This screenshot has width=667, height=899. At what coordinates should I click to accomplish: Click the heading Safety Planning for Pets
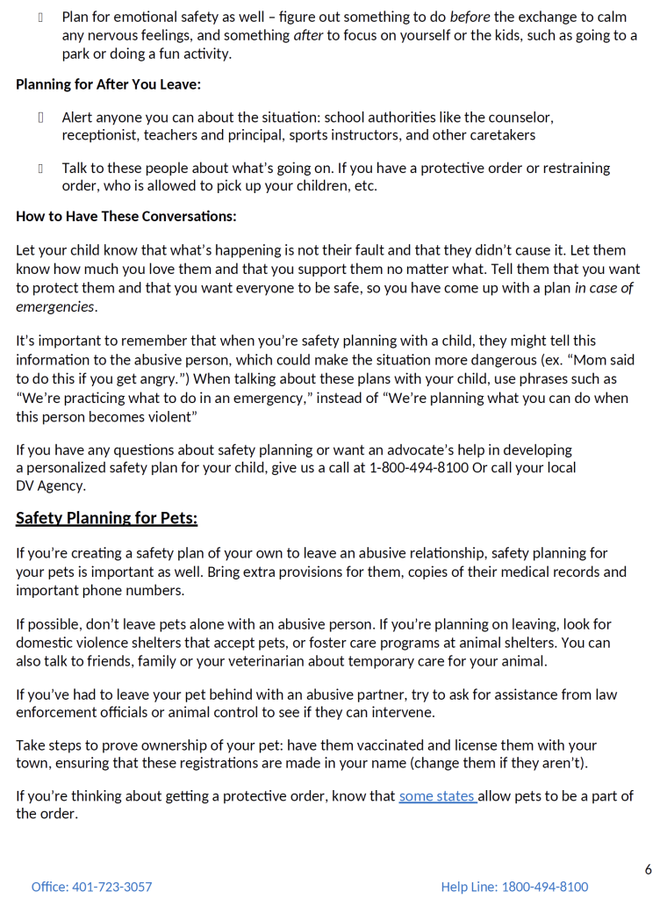tap(106, 518)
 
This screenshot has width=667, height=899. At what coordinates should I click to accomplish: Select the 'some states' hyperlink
tap(437, 796)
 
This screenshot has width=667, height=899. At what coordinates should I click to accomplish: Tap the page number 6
tap(648, 869)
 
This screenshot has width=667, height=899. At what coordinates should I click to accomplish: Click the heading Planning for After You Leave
tap(108, 85)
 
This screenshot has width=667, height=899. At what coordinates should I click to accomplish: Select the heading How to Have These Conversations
tap(126, 216)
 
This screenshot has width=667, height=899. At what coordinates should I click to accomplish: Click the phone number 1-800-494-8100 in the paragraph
tap(419, 468)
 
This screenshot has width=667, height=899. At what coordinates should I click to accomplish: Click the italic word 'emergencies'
tap(55, 306)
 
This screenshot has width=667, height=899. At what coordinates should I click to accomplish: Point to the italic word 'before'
tap(470, 18)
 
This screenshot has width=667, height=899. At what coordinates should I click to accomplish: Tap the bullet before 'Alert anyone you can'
tap(40, 118)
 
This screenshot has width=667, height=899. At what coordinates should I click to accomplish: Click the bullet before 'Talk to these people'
tap(40, 168)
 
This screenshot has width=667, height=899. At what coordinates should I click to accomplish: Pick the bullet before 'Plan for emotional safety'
tap(40, 18)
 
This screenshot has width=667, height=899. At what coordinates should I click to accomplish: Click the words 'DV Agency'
tap(50, 485)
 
